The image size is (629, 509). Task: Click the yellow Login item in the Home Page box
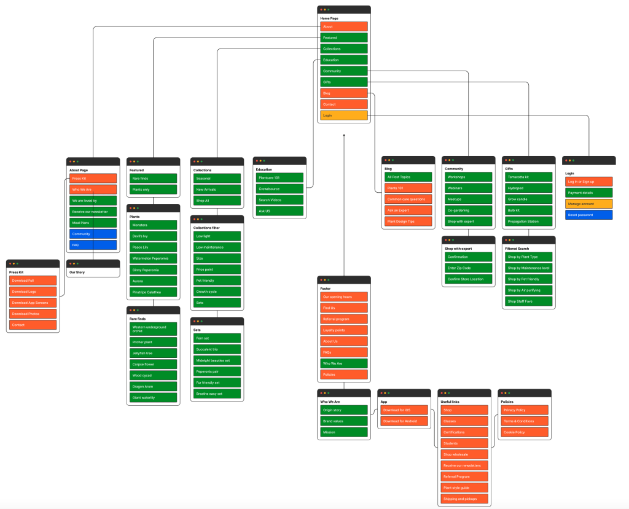(x=343, y=115)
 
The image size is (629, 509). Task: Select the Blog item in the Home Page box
(x=343, y=93)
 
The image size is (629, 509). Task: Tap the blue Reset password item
(x=588, y=215)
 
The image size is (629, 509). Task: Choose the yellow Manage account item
(x=588, y=204)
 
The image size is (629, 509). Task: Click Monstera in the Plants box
(x=153, y=225)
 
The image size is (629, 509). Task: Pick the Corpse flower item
(x=153, y=364)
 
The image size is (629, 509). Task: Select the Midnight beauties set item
(x=217, y=360)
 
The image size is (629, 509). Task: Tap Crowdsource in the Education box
(x=279, y=189)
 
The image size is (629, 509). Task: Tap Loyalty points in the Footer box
(x=343, y=330)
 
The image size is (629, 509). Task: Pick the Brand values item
(x=343, y=421)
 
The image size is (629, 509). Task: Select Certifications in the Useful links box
(x=464, y=432)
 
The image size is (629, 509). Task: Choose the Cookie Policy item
(x=524, y=432)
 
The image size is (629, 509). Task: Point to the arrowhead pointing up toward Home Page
(x=344, y=136)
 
